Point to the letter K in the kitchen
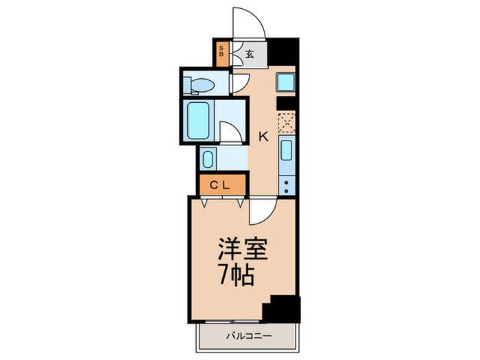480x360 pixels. (x=263, y=136)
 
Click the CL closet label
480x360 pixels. (x=221, y=184)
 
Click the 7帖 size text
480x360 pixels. (x=237, y=275)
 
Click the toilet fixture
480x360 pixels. (x=201, y=85)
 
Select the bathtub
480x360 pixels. (x=198, y=121)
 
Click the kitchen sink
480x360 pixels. (x=287, y=152)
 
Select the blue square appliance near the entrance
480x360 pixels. (x=285, y=84)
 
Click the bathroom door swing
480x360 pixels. (x=231, y=132)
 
